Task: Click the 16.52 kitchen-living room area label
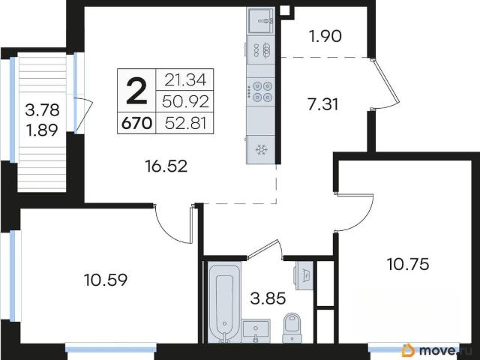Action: [x=166, y=166]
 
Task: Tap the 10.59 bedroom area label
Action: [x=106, y=280]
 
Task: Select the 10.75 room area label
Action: [x=408, y=264]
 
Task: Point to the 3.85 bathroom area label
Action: [x=268, y=298]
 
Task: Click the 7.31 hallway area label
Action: [x=323, y=105]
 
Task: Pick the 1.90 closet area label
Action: [x=325, y=37]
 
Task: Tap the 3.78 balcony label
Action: [x=42, y=110]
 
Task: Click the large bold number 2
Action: [x=136, y=90]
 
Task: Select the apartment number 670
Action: [x=136, y=124]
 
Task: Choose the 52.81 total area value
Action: [x=185, y=123]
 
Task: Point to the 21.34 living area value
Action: [x=185, y=80]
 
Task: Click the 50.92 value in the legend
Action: [x=185, y=102]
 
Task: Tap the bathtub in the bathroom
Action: [x=224, y=302]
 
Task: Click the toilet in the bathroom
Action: [x=292, y=328]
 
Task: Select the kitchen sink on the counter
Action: [x=260, y=21]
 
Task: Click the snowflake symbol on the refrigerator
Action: [x=261, y=150]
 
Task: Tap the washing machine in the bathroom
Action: [x=304, y=275]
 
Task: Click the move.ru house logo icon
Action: [x=408, y=350]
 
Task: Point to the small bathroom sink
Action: [x=256, y=331]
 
